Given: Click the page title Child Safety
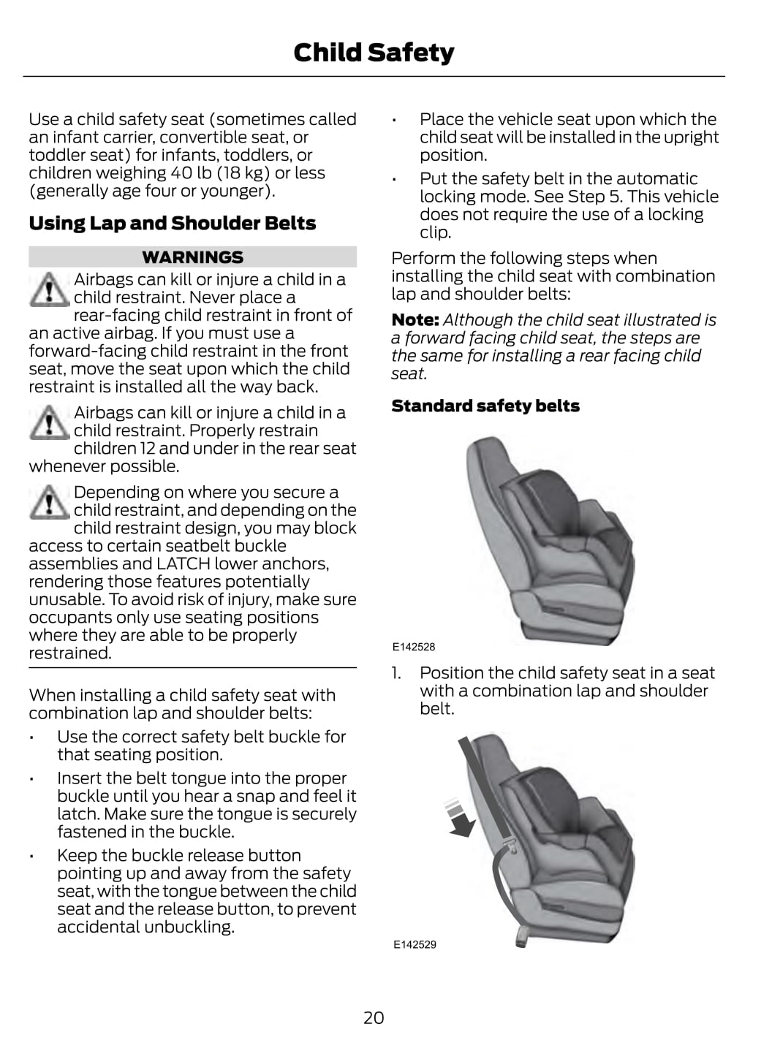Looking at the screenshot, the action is tap(374, 53).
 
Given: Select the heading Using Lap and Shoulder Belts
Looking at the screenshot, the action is tap(173, 223).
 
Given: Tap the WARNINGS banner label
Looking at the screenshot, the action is tap(192, 257).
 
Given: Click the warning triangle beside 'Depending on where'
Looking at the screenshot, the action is tap(49, 502).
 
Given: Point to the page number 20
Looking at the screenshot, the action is tap(374, 1017).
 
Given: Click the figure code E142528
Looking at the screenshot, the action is tap(414, 647).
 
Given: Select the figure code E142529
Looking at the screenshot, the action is tap(415, 944).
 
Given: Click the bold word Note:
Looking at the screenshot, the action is tap(415, 320).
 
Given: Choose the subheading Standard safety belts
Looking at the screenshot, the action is tap(485, 406).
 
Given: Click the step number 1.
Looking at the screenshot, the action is tap(396, 673).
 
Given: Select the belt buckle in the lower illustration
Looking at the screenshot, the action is tap(511, 846).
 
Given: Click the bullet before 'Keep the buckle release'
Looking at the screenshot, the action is tap(31, 857).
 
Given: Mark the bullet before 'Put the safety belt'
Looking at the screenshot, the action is tap(393, 180).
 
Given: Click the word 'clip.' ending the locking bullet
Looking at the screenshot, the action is tap(435, 232).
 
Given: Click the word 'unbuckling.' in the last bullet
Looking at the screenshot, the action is tap(189, 927).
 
